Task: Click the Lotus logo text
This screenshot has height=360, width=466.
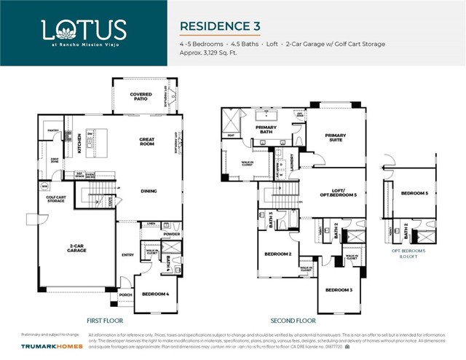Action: tap(84, 30)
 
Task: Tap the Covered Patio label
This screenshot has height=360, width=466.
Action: tap(141, 96)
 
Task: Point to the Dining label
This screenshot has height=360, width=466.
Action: tap(149, 192)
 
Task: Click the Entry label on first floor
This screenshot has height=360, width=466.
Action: tap(128, 255)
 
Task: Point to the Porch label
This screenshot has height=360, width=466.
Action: tap(125, 295)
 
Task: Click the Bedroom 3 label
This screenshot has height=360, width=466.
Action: tap(339, 290)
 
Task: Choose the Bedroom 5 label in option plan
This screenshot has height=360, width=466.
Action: tap(414, 193)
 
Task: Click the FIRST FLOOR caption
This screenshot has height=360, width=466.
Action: tap(106, 321)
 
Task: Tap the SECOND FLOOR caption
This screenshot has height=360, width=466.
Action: tap(293, 321)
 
